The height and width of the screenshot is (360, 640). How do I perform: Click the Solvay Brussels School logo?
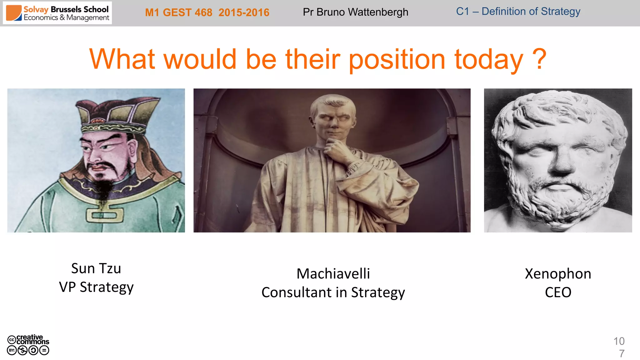pyautogui.click(x=57, y=13)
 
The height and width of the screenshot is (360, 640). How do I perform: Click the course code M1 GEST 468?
pyautogui.click(x=178, y=12)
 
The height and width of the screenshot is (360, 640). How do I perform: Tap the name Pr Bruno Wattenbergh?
pyautogui.click(x=355, y=12)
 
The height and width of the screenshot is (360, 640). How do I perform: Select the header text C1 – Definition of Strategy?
pyautogui.click(x=518, y=12)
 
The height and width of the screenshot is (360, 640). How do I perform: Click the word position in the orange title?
pyautogui.click(x=397, y=60)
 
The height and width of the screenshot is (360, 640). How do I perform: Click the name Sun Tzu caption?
pyautogui.click(x=96, y=268)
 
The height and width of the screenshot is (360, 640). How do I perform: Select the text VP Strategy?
pyautogui.click(x=96, y=287)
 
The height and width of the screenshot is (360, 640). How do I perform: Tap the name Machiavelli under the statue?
pyautogui.click(x=333, y=274)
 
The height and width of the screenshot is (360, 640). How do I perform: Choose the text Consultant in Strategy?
pyautogui.click(x=333, y=292)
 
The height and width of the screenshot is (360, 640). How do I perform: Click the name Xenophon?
pyautogui.click(x=558, y=274)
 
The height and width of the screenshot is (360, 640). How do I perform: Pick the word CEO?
pyautogui.click(x=558, y=292)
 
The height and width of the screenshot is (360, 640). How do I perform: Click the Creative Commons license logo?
pyautogui.click(x=28, y=345)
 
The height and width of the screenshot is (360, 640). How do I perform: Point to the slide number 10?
pyautogui.click(x=619, y=341)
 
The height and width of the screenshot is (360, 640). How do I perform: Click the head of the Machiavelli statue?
pyautogui.click(x=333, y=116)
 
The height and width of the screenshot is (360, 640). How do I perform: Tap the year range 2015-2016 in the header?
pyautogui.click(x=244, y=12)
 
